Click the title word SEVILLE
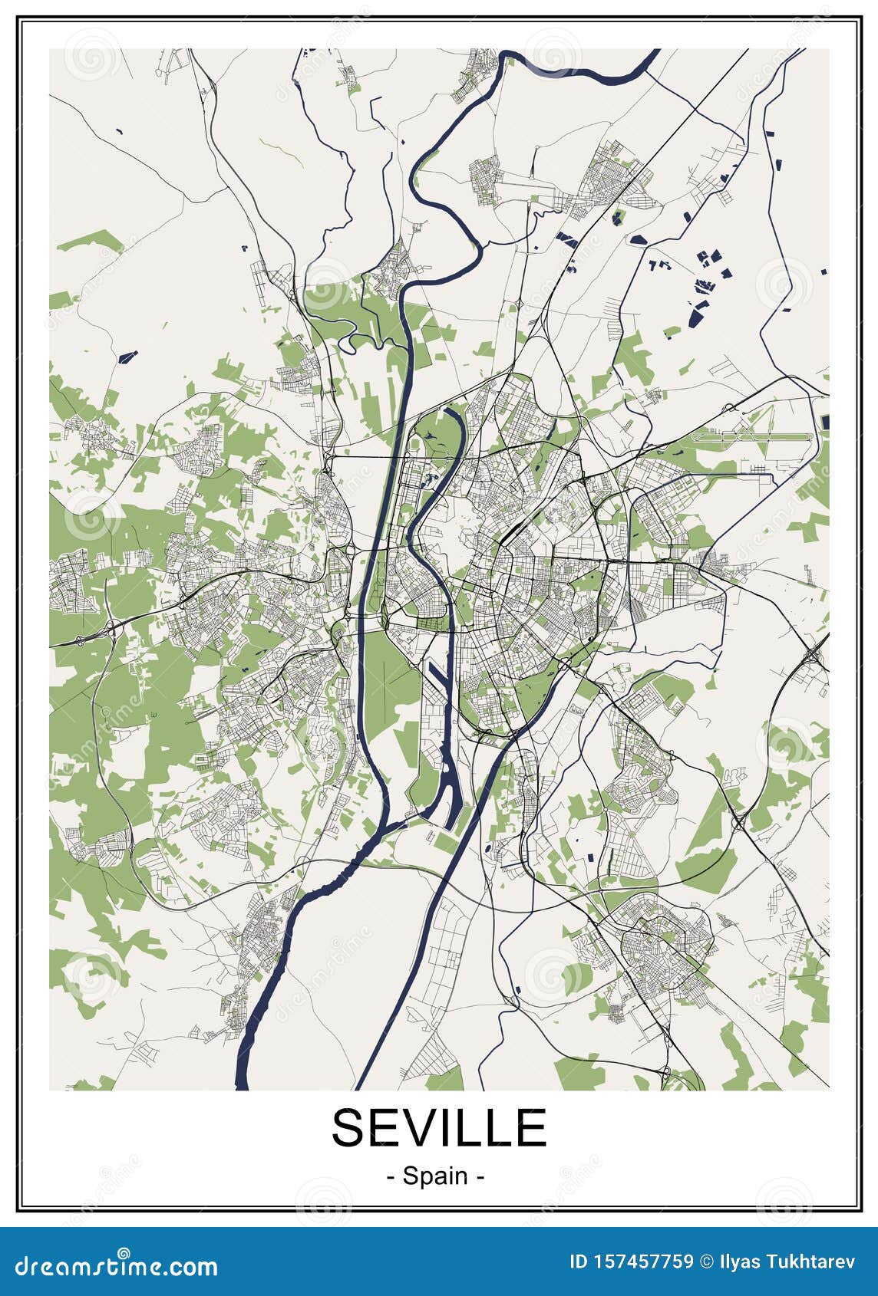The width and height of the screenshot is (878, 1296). (438, 1127)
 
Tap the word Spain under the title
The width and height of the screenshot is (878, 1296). (436, 1175)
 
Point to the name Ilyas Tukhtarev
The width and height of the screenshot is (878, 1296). (787, 1262)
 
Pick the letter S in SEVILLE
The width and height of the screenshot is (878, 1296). (349, 1127)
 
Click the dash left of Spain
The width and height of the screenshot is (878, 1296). (391, 1176)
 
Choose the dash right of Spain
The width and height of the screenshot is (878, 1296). (480, 1176)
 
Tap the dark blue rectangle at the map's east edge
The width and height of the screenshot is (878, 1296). (825, 422)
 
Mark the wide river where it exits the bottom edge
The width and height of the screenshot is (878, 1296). (242, 1074)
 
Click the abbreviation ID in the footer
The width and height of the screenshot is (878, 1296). (577, 1262)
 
